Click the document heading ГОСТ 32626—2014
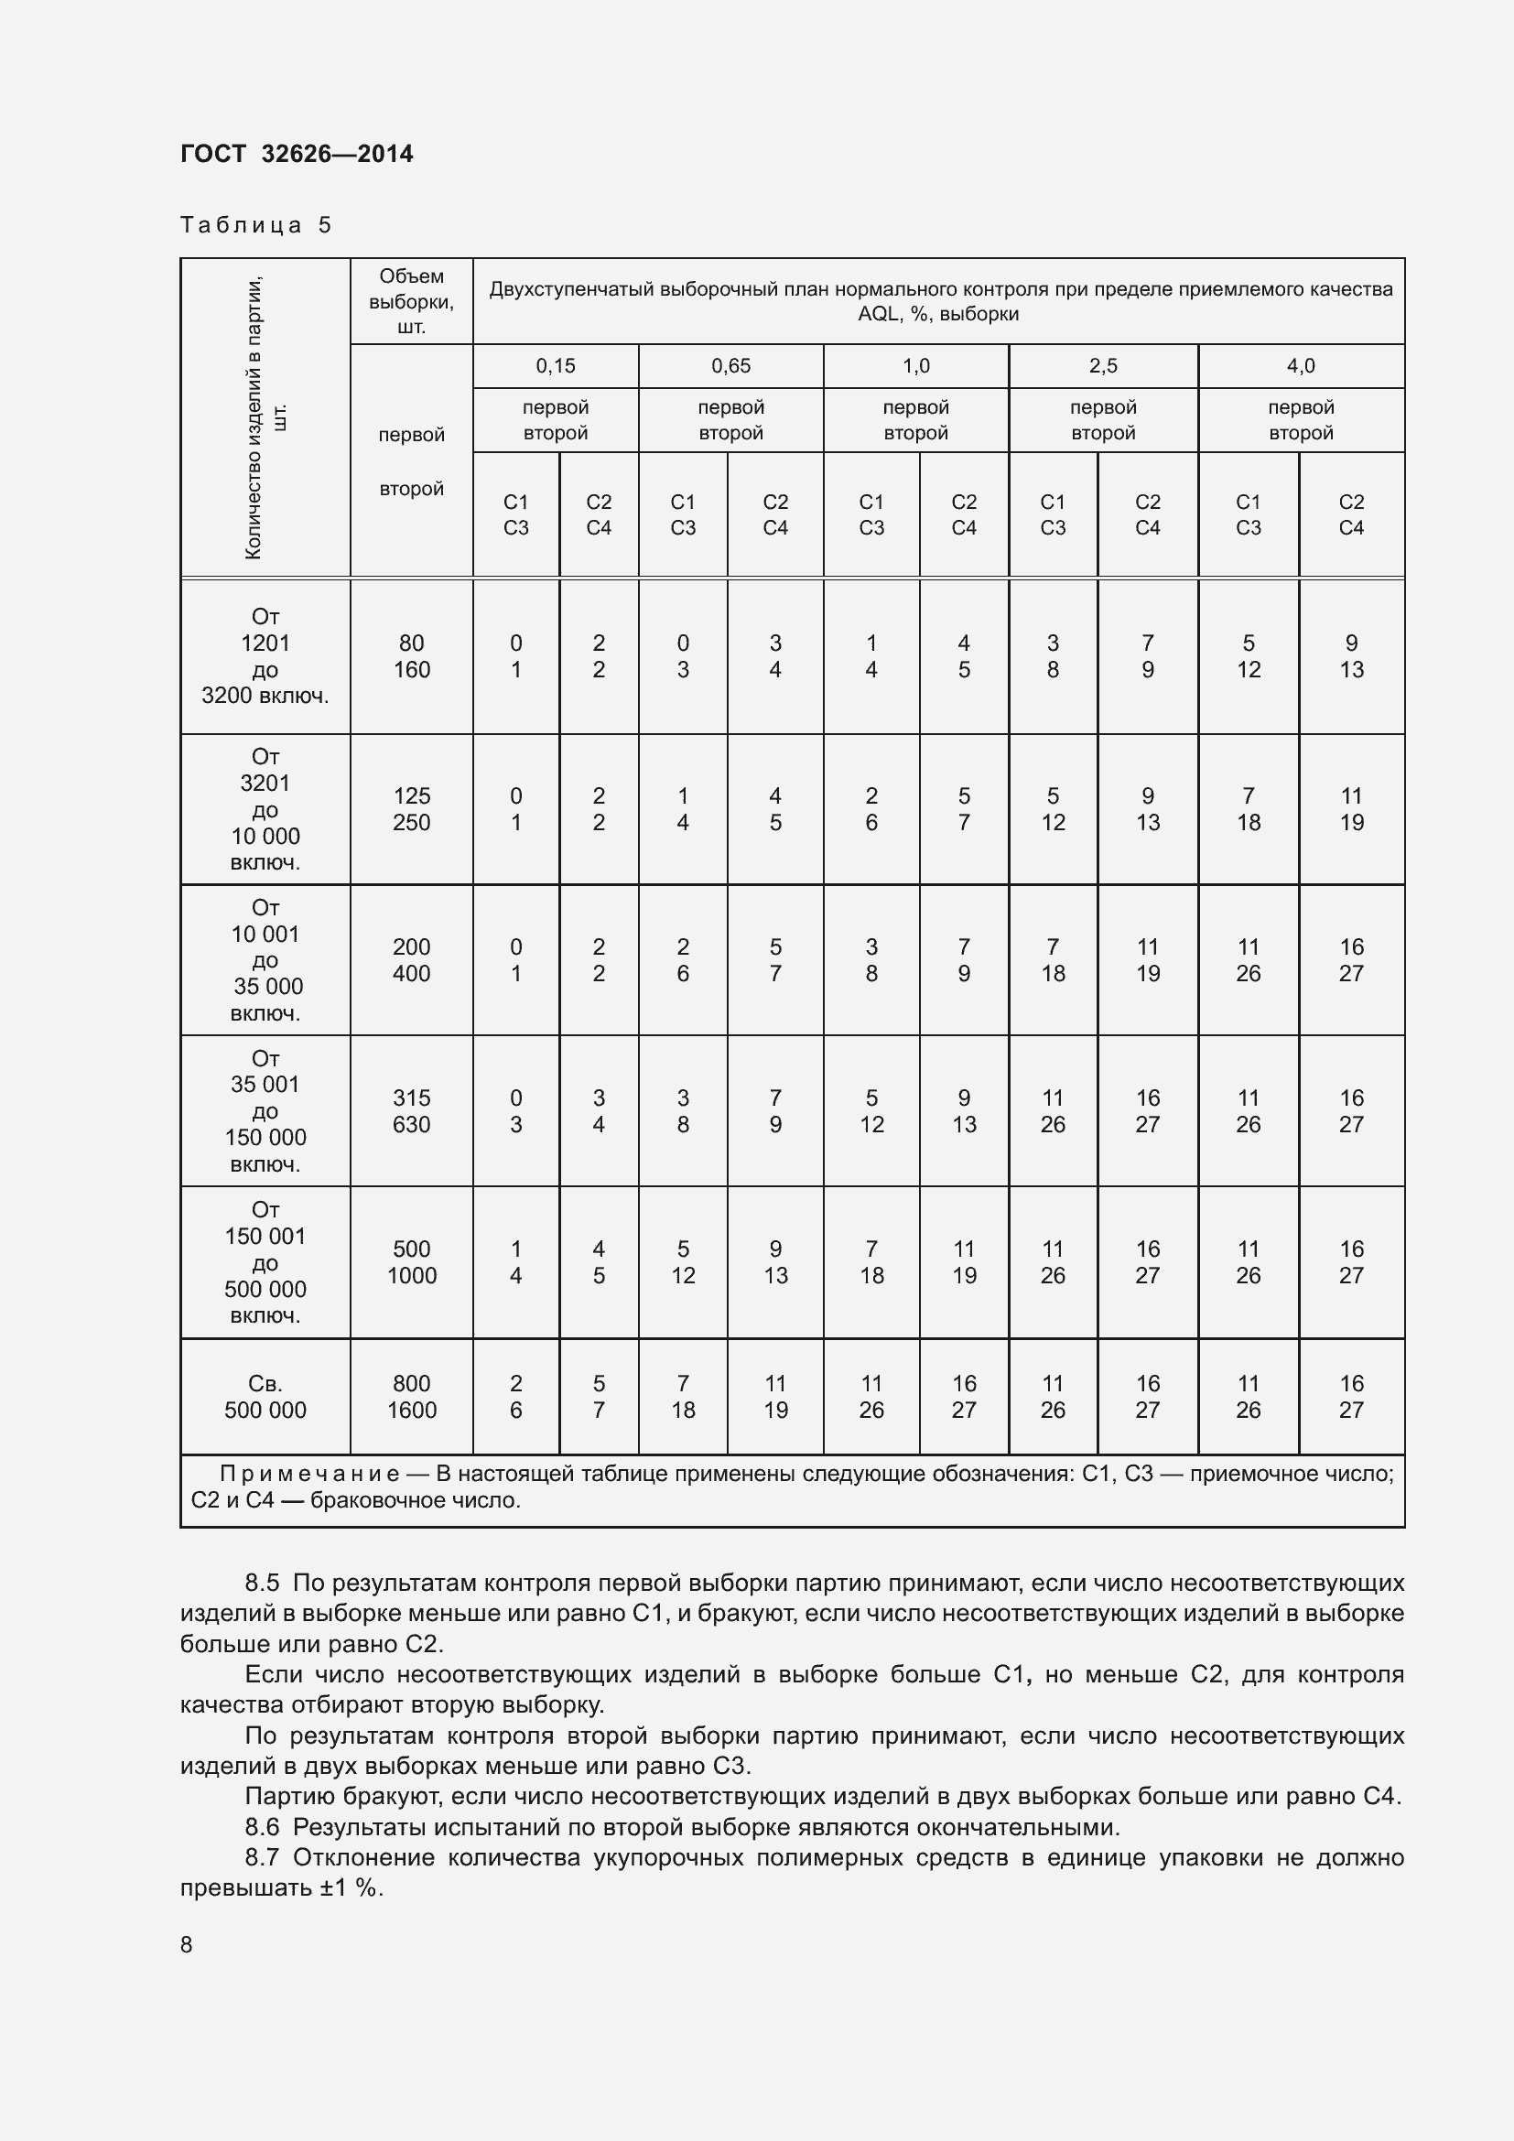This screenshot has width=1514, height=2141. [x=297, y=154]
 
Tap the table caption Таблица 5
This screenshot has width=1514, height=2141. [x=255, y=225]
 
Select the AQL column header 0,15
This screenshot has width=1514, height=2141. [x=555, y=365]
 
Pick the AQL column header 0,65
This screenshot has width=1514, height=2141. [x=730, y=365]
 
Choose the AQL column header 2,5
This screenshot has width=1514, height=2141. [x=1102, y=365]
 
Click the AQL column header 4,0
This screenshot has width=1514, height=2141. [x=1300, y=365]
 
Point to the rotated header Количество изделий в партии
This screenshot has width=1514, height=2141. [x=265, y=417]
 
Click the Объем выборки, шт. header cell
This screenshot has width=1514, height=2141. [x=411, y=301]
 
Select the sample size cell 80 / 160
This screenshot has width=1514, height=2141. [x=411, y=656]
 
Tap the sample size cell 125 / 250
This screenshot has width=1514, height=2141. [x=411, y=808]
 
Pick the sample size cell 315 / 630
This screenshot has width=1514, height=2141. [x=411, y=1110]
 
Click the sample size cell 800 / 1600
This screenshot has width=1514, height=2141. [x=411, y=1396]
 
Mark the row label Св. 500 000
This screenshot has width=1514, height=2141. [x=265, y=1396]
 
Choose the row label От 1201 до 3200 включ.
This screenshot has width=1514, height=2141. [x=265, y=656]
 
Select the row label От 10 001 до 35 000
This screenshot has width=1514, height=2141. [x=265, y=959]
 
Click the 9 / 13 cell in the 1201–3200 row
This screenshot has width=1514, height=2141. [x=1351, y=656]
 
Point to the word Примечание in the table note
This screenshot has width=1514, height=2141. [x=309, y=1474]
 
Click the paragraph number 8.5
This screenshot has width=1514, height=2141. [x=262, y=1583]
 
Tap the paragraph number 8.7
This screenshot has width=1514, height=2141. [x=262, y=1857]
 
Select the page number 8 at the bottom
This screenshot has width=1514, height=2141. [x=187, y=1944]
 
